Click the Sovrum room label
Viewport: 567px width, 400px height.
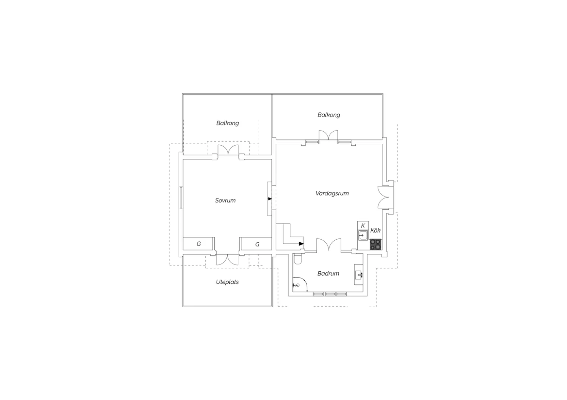225,200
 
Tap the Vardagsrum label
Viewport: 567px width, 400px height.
332,193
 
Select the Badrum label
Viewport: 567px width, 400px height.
328,274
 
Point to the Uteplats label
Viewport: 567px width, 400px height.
227,282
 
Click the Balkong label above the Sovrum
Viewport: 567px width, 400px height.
228,123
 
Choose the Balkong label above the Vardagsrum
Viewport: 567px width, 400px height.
329,115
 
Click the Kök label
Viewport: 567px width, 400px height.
375,231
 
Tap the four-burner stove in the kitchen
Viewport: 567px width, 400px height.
376,245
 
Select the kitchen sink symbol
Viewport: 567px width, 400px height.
363,235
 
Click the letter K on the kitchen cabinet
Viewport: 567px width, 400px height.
363,226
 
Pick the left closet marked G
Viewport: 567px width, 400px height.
199,244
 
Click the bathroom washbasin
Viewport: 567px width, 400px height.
358,274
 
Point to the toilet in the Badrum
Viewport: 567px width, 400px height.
298,259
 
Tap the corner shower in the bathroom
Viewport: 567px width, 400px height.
300,284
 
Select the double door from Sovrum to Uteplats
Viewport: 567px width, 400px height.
227,260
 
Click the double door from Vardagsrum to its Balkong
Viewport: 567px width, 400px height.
328,135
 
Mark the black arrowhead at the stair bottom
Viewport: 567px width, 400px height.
301,244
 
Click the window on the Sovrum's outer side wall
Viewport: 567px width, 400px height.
181,198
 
